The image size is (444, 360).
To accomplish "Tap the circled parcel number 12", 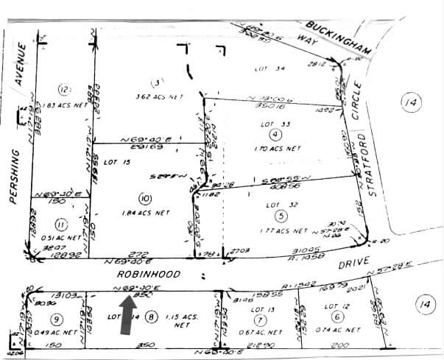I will click(65, 91).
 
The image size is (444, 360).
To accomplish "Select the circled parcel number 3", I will click(155, 81).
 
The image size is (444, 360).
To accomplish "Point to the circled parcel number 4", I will click(274, 135).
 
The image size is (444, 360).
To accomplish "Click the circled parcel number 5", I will click(281, 216).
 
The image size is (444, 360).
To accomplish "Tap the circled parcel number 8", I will click(152, 317).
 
